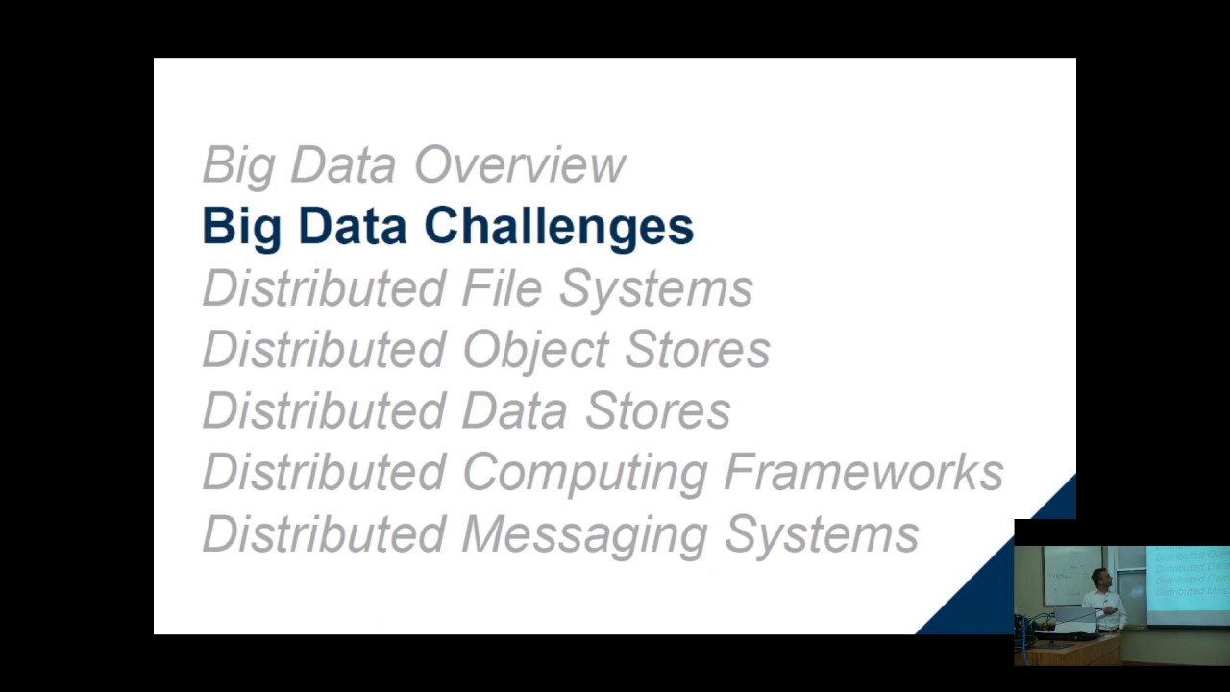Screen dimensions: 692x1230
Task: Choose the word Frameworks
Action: [x=863, y=473]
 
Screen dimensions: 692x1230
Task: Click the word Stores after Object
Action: [x=697, y=350]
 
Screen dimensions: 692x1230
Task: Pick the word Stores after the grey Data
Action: [x=657, y=411]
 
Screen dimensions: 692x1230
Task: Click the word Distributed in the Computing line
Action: [x=324, y=473]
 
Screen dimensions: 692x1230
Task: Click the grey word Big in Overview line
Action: [x=240, y=165]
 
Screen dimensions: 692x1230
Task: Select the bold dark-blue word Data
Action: [x=352, y=227]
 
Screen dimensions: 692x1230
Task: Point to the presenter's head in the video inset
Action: [x=1101, y=580]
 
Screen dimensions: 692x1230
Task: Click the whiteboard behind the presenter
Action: [x=1067, y=577]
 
